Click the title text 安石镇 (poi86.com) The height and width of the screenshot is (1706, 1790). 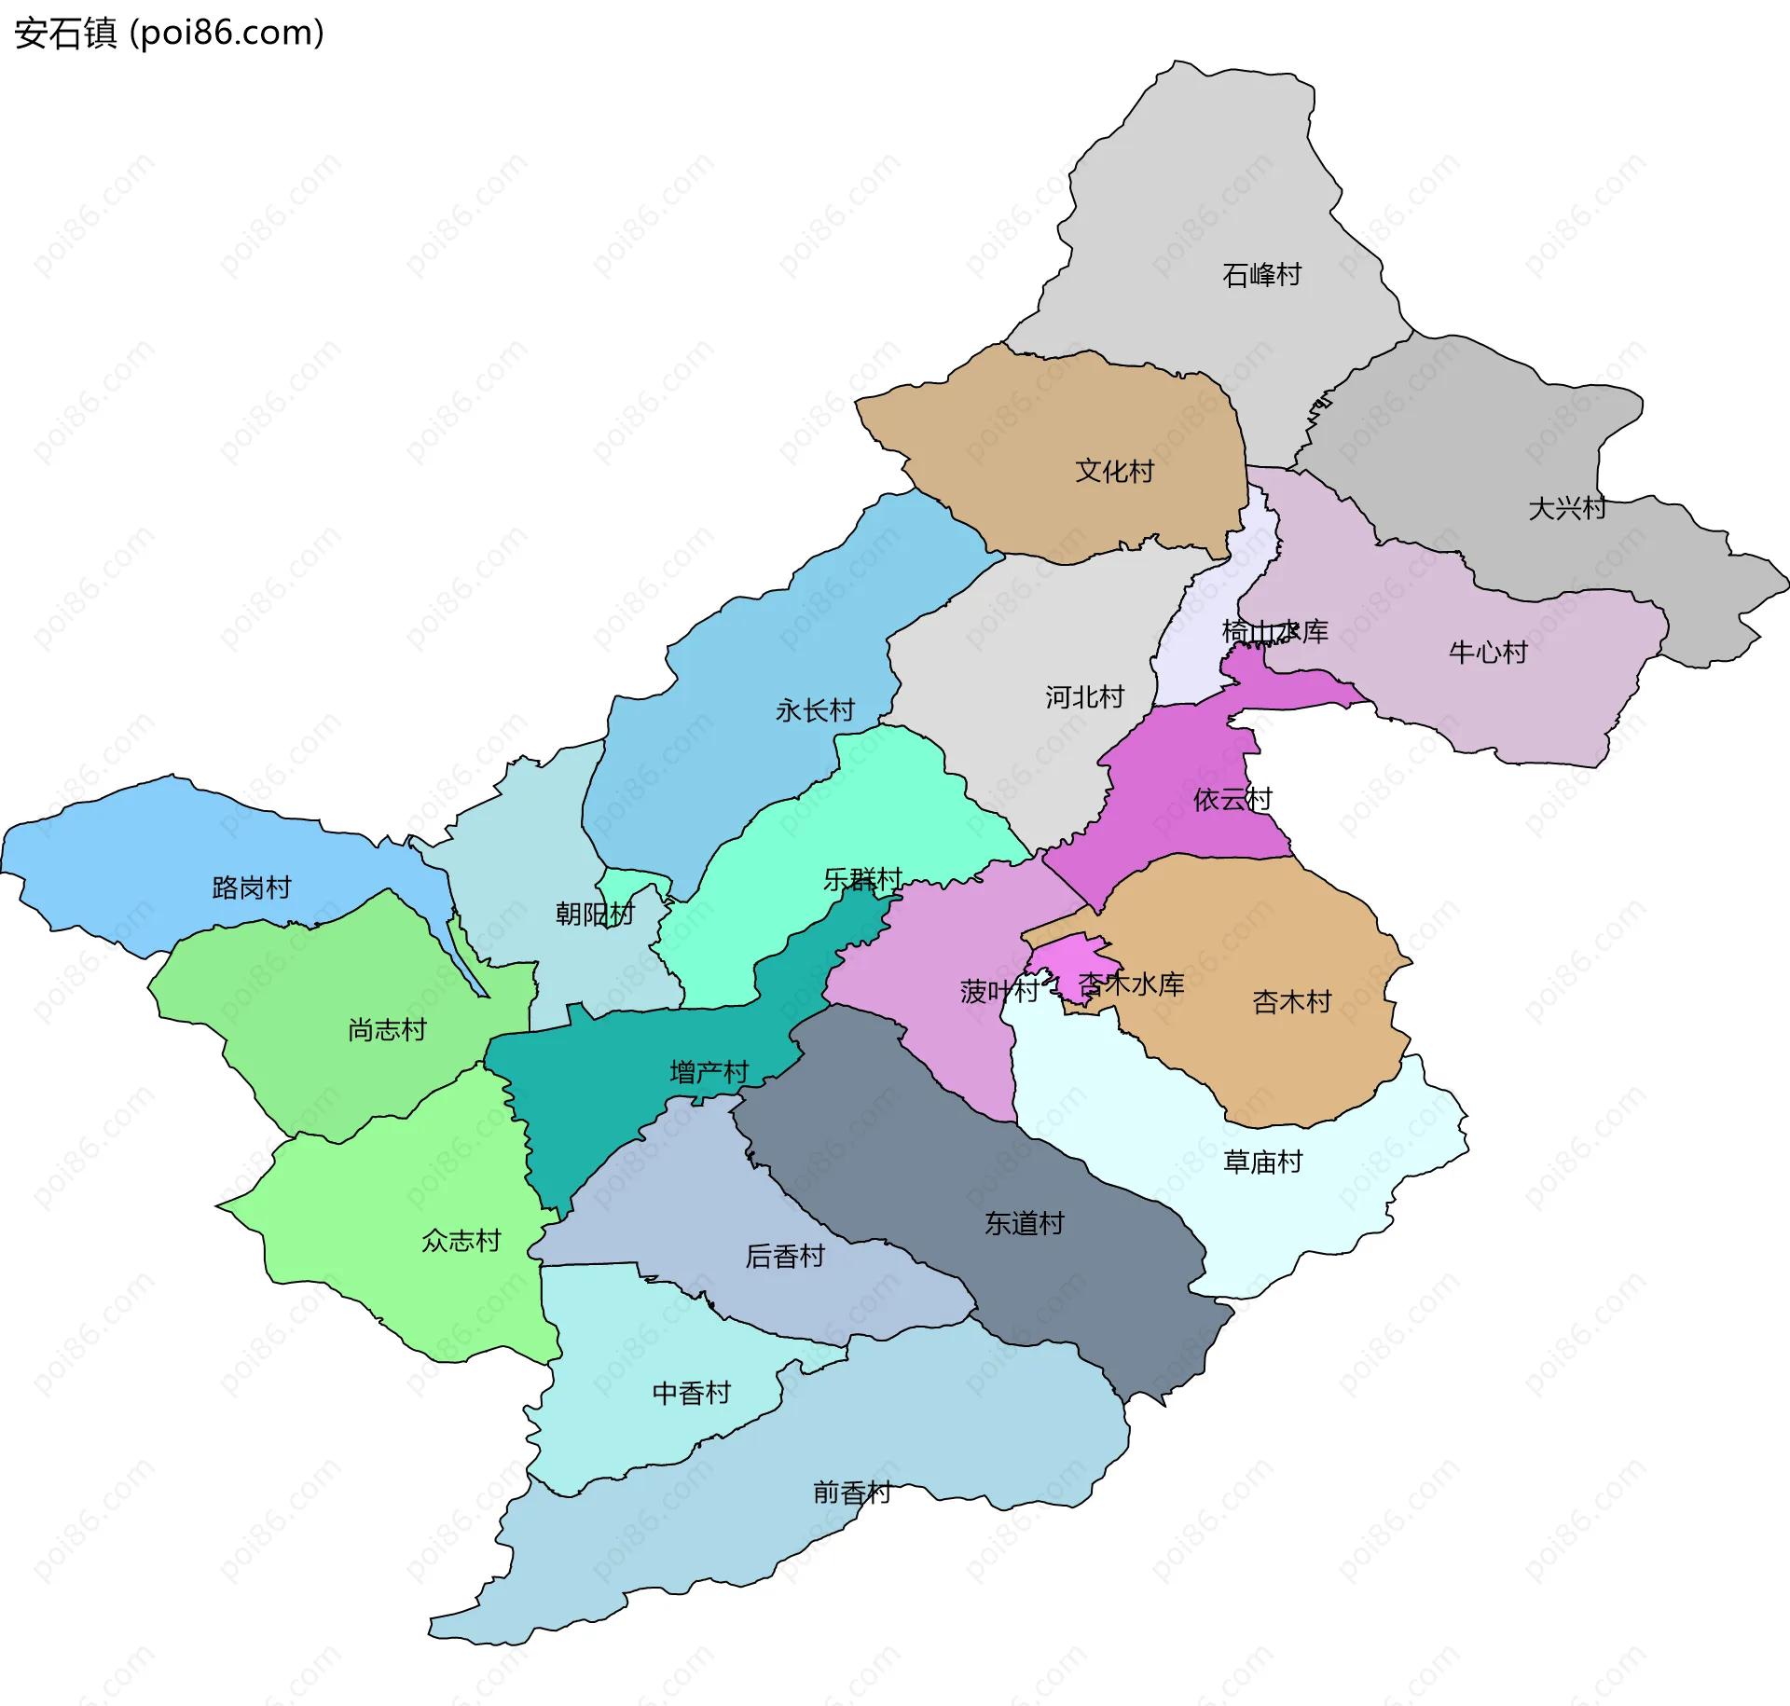[169, 33]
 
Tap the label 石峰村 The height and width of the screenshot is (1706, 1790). [1261, 275]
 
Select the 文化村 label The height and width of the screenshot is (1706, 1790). [1114, 471]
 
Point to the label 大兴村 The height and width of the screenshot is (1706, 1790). [1566, 508]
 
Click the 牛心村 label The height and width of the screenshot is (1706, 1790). [1488, 652]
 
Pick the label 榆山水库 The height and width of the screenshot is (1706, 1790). [1274, 631]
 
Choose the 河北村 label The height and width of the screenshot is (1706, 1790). [1084, 696]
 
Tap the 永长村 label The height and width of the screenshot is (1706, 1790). [815, 710]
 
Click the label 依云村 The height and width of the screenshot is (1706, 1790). [1232, 799]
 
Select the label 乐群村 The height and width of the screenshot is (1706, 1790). [862, 879]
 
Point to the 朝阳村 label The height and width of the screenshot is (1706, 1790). [594, 914]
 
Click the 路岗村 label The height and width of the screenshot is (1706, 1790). [252, 887]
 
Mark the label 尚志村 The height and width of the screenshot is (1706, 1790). [387, 1029]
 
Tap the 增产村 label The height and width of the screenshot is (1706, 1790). [709, 1072]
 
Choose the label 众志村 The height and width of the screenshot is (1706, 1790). [461, 1241]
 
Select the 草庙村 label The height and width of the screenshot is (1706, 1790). [1262, 1162]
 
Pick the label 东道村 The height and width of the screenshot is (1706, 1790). [1024, 1223]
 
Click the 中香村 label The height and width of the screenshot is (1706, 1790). [691, 1393]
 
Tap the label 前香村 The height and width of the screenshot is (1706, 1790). [851, 1493]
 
